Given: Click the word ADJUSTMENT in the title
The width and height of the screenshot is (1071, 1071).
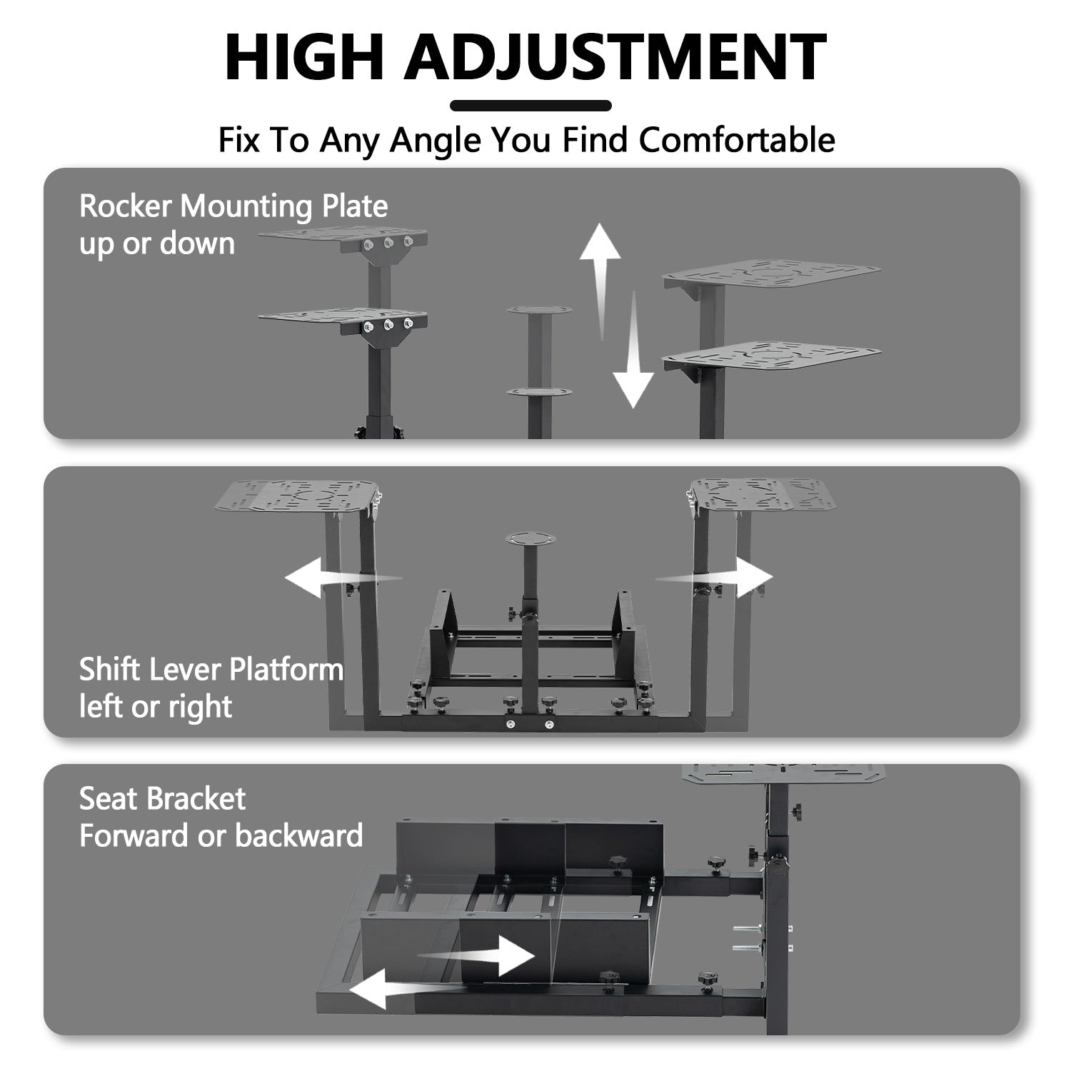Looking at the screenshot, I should pos(615,57).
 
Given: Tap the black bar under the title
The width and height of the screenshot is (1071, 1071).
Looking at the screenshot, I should pos(531,106).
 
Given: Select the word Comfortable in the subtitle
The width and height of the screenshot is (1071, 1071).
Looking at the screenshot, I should pos(737,140).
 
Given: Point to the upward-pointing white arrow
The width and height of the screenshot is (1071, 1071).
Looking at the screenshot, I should pos(600,271).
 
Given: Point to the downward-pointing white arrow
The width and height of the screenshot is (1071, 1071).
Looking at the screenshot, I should pos(633,357).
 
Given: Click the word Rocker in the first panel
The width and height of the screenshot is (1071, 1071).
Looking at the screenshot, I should pos(126,206).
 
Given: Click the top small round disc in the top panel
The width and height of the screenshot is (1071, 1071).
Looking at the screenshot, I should pos(539,311).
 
